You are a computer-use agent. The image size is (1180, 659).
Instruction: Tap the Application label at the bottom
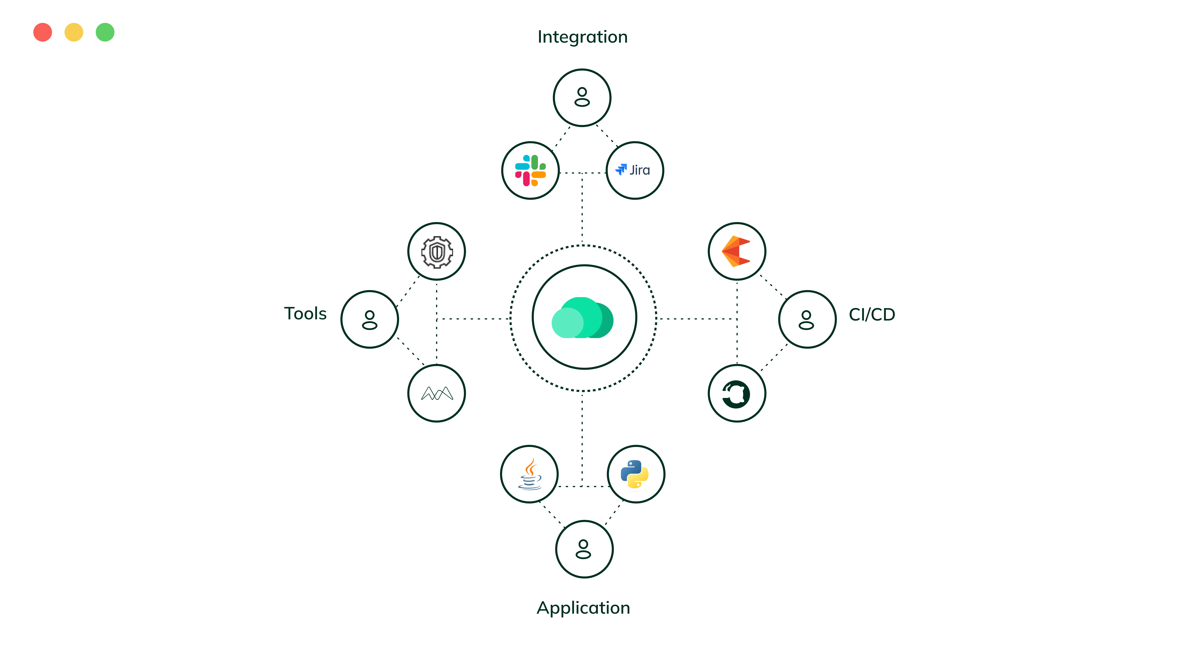[x=583, y=608]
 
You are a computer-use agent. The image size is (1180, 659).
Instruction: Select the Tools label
[x=305, y=314]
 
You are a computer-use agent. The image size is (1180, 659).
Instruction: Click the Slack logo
[x=530, y=170]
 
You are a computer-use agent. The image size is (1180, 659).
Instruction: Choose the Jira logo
[x=634, y=170]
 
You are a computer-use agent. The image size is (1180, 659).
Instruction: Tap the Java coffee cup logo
[x=529, y=474]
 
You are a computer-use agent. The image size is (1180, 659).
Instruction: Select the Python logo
[x=635, y=474]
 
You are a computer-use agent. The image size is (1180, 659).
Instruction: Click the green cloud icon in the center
[x=583, y=318]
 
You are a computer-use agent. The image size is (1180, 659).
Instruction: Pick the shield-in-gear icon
[x=437, y=252]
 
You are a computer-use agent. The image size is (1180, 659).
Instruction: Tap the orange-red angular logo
[x=736, y=251]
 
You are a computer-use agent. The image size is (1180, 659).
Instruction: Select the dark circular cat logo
[x=736, y=394]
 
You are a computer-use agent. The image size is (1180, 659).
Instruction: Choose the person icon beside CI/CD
[x=807, y=319]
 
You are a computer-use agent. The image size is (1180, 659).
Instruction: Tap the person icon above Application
[x=584, y=549]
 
